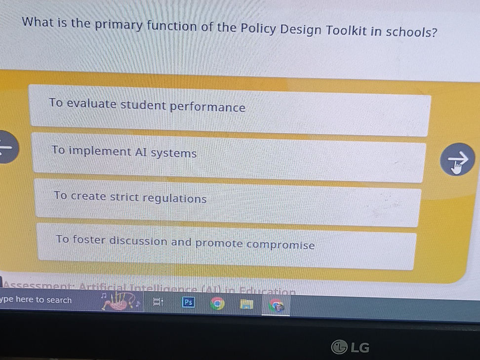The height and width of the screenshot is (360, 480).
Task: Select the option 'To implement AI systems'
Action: click(x=229, y=155)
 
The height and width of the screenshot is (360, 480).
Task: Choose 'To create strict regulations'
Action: click(x=228, y=200)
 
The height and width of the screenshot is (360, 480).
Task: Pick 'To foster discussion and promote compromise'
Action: click(x=226, y=245)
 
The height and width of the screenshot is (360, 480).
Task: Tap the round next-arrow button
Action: click(x=457, y=160)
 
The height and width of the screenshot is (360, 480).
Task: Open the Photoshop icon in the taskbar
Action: click(x=188, y=302)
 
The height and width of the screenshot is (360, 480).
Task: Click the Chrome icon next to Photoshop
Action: click(x=217, y=304)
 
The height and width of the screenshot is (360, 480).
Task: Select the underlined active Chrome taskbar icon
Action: click(x=278, y=307)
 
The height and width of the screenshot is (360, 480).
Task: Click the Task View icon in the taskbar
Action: click(x=158, y=302)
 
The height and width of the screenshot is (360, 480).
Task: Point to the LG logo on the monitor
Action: click(x=351, y=348)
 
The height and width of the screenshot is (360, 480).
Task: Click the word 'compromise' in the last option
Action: click(x=280, y=244)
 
